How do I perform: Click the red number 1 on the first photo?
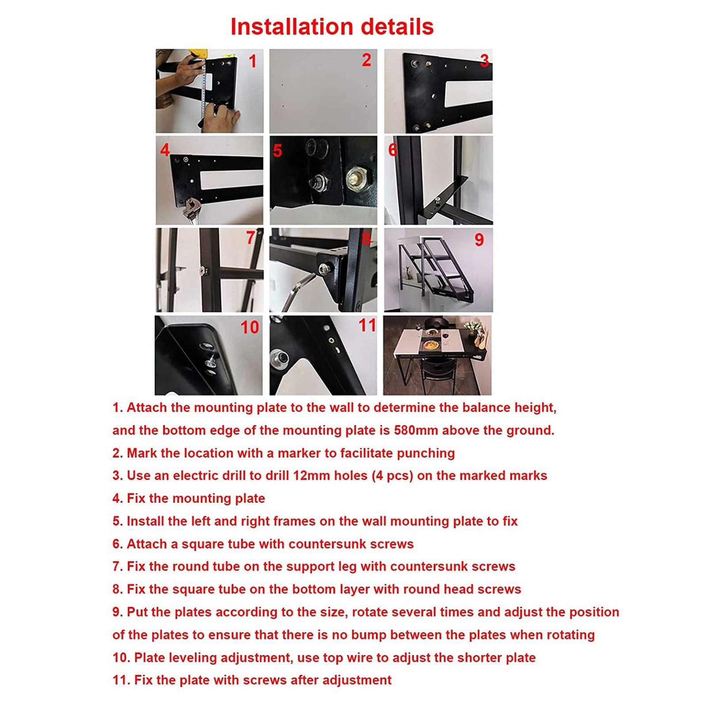click(x=253, y=61)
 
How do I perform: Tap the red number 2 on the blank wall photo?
click(x=366, y=60)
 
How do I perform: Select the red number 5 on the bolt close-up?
click(x=277, y=151)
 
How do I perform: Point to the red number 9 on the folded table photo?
click(x=479, y=240)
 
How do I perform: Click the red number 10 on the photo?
click(x=249, y=327)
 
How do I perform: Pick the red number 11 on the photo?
click(x=367, y=325)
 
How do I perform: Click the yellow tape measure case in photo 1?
click(x=195, y=54)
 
